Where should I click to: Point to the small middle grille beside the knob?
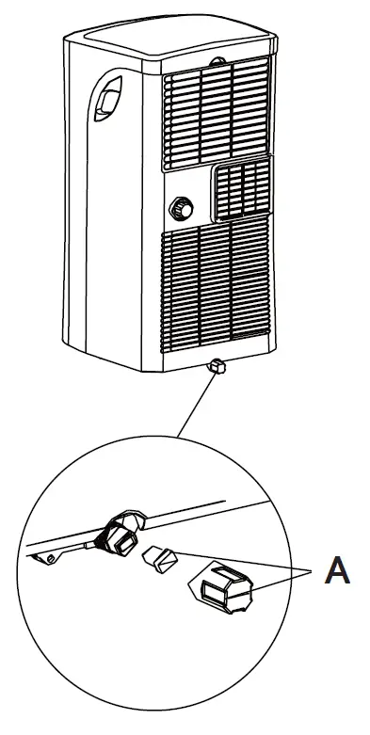point(242,187)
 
